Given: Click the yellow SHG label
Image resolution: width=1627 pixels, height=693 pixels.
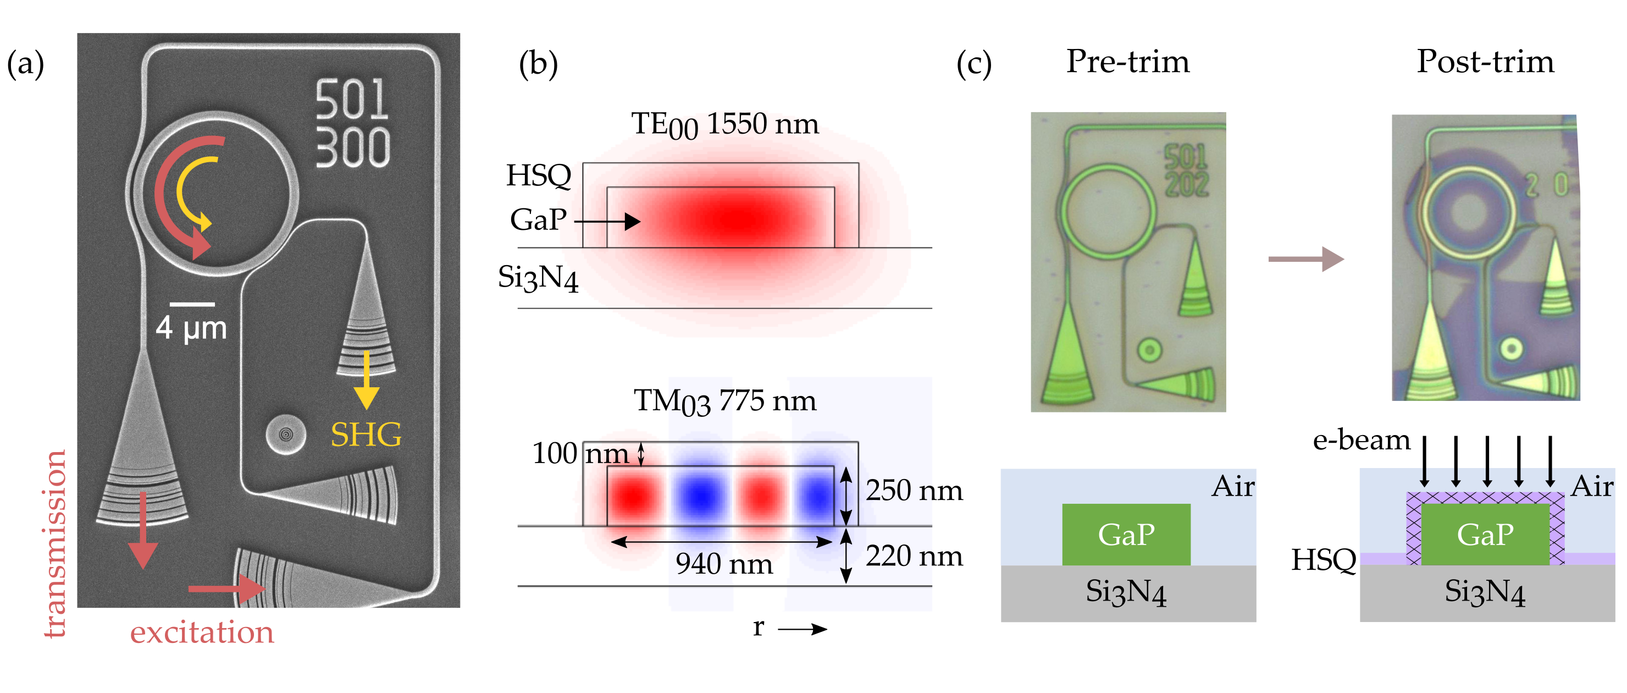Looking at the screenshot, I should pyautogui.click(x=366, y=435).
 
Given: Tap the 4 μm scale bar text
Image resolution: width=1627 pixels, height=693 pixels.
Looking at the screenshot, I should pyautogui.click(x=191, y=328).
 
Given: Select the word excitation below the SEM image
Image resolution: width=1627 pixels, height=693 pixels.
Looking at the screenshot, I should pyautogui.click(x=202, y=632).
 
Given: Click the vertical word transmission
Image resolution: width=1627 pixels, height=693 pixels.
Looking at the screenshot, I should pyautogui.click(x=56, y=543).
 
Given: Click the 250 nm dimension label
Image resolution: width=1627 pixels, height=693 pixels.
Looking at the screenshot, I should pyautogui.click(x=914, y=490).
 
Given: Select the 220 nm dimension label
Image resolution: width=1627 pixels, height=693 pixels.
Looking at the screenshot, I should pyautogui.click(x=914, y=556).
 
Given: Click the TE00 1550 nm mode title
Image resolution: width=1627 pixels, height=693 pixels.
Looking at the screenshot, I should pyautogui.click(x=724, y=124).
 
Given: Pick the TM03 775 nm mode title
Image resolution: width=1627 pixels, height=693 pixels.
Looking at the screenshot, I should pyautogui.click(x=724, y=402).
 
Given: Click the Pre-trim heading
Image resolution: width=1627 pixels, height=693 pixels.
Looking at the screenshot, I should pyautogui.click(x=1127, y=62).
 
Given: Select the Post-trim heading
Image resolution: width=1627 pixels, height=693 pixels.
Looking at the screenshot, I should pyautogui.click(x=1485, y=62).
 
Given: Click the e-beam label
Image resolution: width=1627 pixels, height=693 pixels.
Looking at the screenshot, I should pyautogui.click(x=1361, y=441).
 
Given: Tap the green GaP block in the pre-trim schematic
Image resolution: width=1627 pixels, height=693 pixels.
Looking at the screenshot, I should pyautogui.click(x=1126, y=535).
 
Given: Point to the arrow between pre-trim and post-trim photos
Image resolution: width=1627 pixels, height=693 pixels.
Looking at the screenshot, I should pyautogui.click(x=1305, y=259).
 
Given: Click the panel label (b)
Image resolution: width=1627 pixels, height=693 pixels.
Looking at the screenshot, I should pyautogui.click(x=538, y=64).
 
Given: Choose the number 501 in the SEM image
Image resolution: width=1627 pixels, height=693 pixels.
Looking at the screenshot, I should pyautogui.click(x=351, y=99).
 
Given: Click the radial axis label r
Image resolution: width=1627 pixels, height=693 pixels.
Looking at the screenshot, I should pyautogui.click(x=758, y=628).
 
